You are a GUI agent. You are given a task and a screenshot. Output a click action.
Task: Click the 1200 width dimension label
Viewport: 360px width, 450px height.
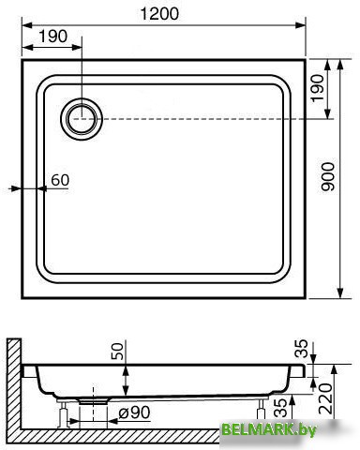[x=159, y=14]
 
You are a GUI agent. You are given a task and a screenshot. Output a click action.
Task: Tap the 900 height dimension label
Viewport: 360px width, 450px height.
[x=328, y=176]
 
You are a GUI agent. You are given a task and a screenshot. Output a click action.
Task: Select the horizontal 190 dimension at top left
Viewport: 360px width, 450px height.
[x=53, y=37]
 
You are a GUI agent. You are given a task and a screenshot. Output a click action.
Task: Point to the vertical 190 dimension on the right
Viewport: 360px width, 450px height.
[x=318, y=88]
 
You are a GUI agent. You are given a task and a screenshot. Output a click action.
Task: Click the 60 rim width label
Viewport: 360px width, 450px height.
[x=60, y=180]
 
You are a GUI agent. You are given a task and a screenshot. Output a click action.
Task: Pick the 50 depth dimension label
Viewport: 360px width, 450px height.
[x=117, y=351]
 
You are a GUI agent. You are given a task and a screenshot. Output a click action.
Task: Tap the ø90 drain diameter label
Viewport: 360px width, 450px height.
[x=134, y=412]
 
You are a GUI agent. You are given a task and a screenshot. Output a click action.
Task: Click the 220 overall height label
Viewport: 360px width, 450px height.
[x=325, y=398]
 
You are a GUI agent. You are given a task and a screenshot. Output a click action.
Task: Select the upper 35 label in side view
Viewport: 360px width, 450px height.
[x=302, y=349]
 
